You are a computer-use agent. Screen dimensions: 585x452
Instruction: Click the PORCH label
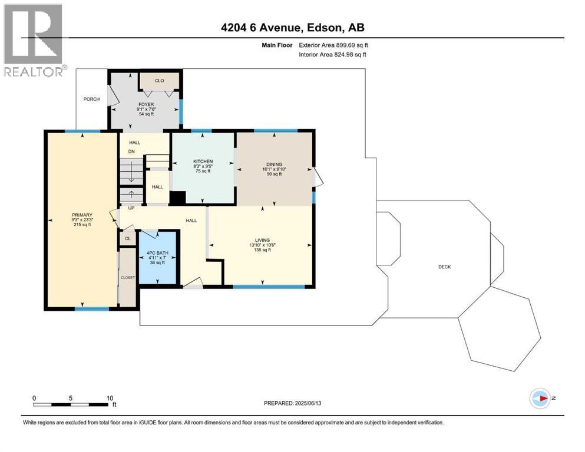click(91, 99)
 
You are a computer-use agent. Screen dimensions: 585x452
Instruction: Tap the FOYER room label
click(146, 104)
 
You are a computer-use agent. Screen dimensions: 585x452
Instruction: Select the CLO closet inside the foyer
click(159, 81)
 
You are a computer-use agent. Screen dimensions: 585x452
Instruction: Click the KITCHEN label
click(203, 161)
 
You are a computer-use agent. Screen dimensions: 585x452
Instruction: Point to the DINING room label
click(274, 164)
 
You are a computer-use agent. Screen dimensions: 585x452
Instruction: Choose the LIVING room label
click(262, 240)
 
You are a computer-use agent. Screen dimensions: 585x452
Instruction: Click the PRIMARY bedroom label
click(82, 215)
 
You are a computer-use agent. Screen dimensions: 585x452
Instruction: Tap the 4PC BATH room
click(157, 258)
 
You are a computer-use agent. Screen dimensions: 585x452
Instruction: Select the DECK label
click(445, 267)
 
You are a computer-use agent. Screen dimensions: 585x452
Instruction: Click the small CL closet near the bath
click(128, 238)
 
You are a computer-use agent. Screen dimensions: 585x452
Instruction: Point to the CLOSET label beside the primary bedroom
click(128, 278)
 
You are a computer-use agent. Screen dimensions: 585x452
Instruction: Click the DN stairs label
click(131, 152)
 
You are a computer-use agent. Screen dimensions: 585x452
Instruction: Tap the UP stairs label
click(131, 208)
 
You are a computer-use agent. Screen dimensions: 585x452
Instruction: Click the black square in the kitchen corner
click(177, 198)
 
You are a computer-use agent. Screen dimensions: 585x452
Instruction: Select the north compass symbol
click(540, 398)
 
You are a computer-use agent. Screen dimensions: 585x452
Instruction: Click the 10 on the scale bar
click(110, 398)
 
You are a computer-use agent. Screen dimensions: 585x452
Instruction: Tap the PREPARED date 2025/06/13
click(308, 403)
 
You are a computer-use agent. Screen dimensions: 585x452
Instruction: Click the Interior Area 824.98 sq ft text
click(332, 54)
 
